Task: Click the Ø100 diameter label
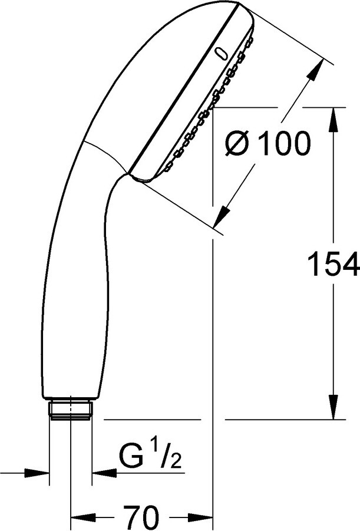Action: pos(268,143)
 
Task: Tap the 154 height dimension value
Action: pos(333,263)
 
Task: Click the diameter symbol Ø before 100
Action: pos(239,143)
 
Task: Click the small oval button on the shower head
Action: pos(221,54)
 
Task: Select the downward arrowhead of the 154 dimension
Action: pos(334,407)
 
